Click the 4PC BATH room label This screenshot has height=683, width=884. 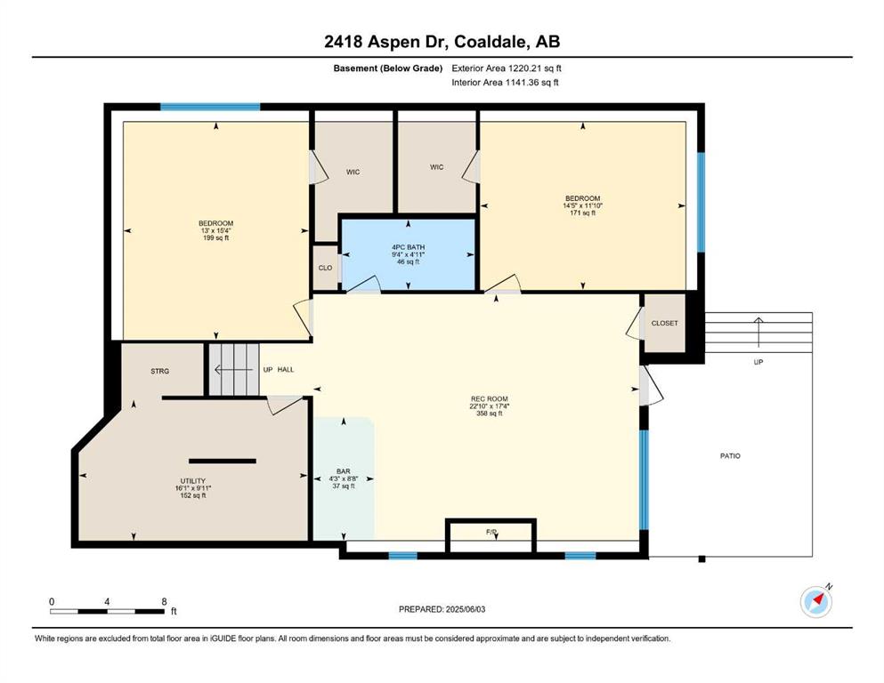coord(409,247)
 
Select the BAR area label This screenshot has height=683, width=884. coord(344,471)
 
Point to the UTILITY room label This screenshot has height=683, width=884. coord(193,481)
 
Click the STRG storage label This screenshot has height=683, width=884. coord(160,371)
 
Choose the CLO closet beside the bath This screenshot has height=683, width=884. coord(325,268)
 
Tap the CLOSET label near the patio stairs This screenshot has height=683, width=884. coord(665,323)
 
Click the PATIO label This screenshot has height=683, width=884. coord(730,456)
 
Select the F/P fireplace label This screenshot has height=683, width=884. coord(491,532)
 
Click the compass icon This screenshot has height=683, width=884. coord(815,602)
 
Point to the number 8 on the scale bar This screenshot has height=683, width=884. coord(164,601)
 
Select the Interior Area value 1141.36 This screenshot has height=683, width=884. coord(524,82)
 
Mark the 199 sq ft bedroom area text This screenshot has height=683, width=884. coord(215,238)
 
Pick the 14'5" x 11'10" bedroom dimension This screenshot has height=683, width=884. coord(582,205)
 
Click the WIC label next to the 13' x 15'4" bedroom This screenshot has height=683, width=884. coord(353,173)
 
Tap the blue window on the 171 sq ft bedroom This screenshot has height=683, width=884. coord(701,202)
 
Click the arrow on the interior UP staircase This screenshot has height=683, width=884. coord(233,370)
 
